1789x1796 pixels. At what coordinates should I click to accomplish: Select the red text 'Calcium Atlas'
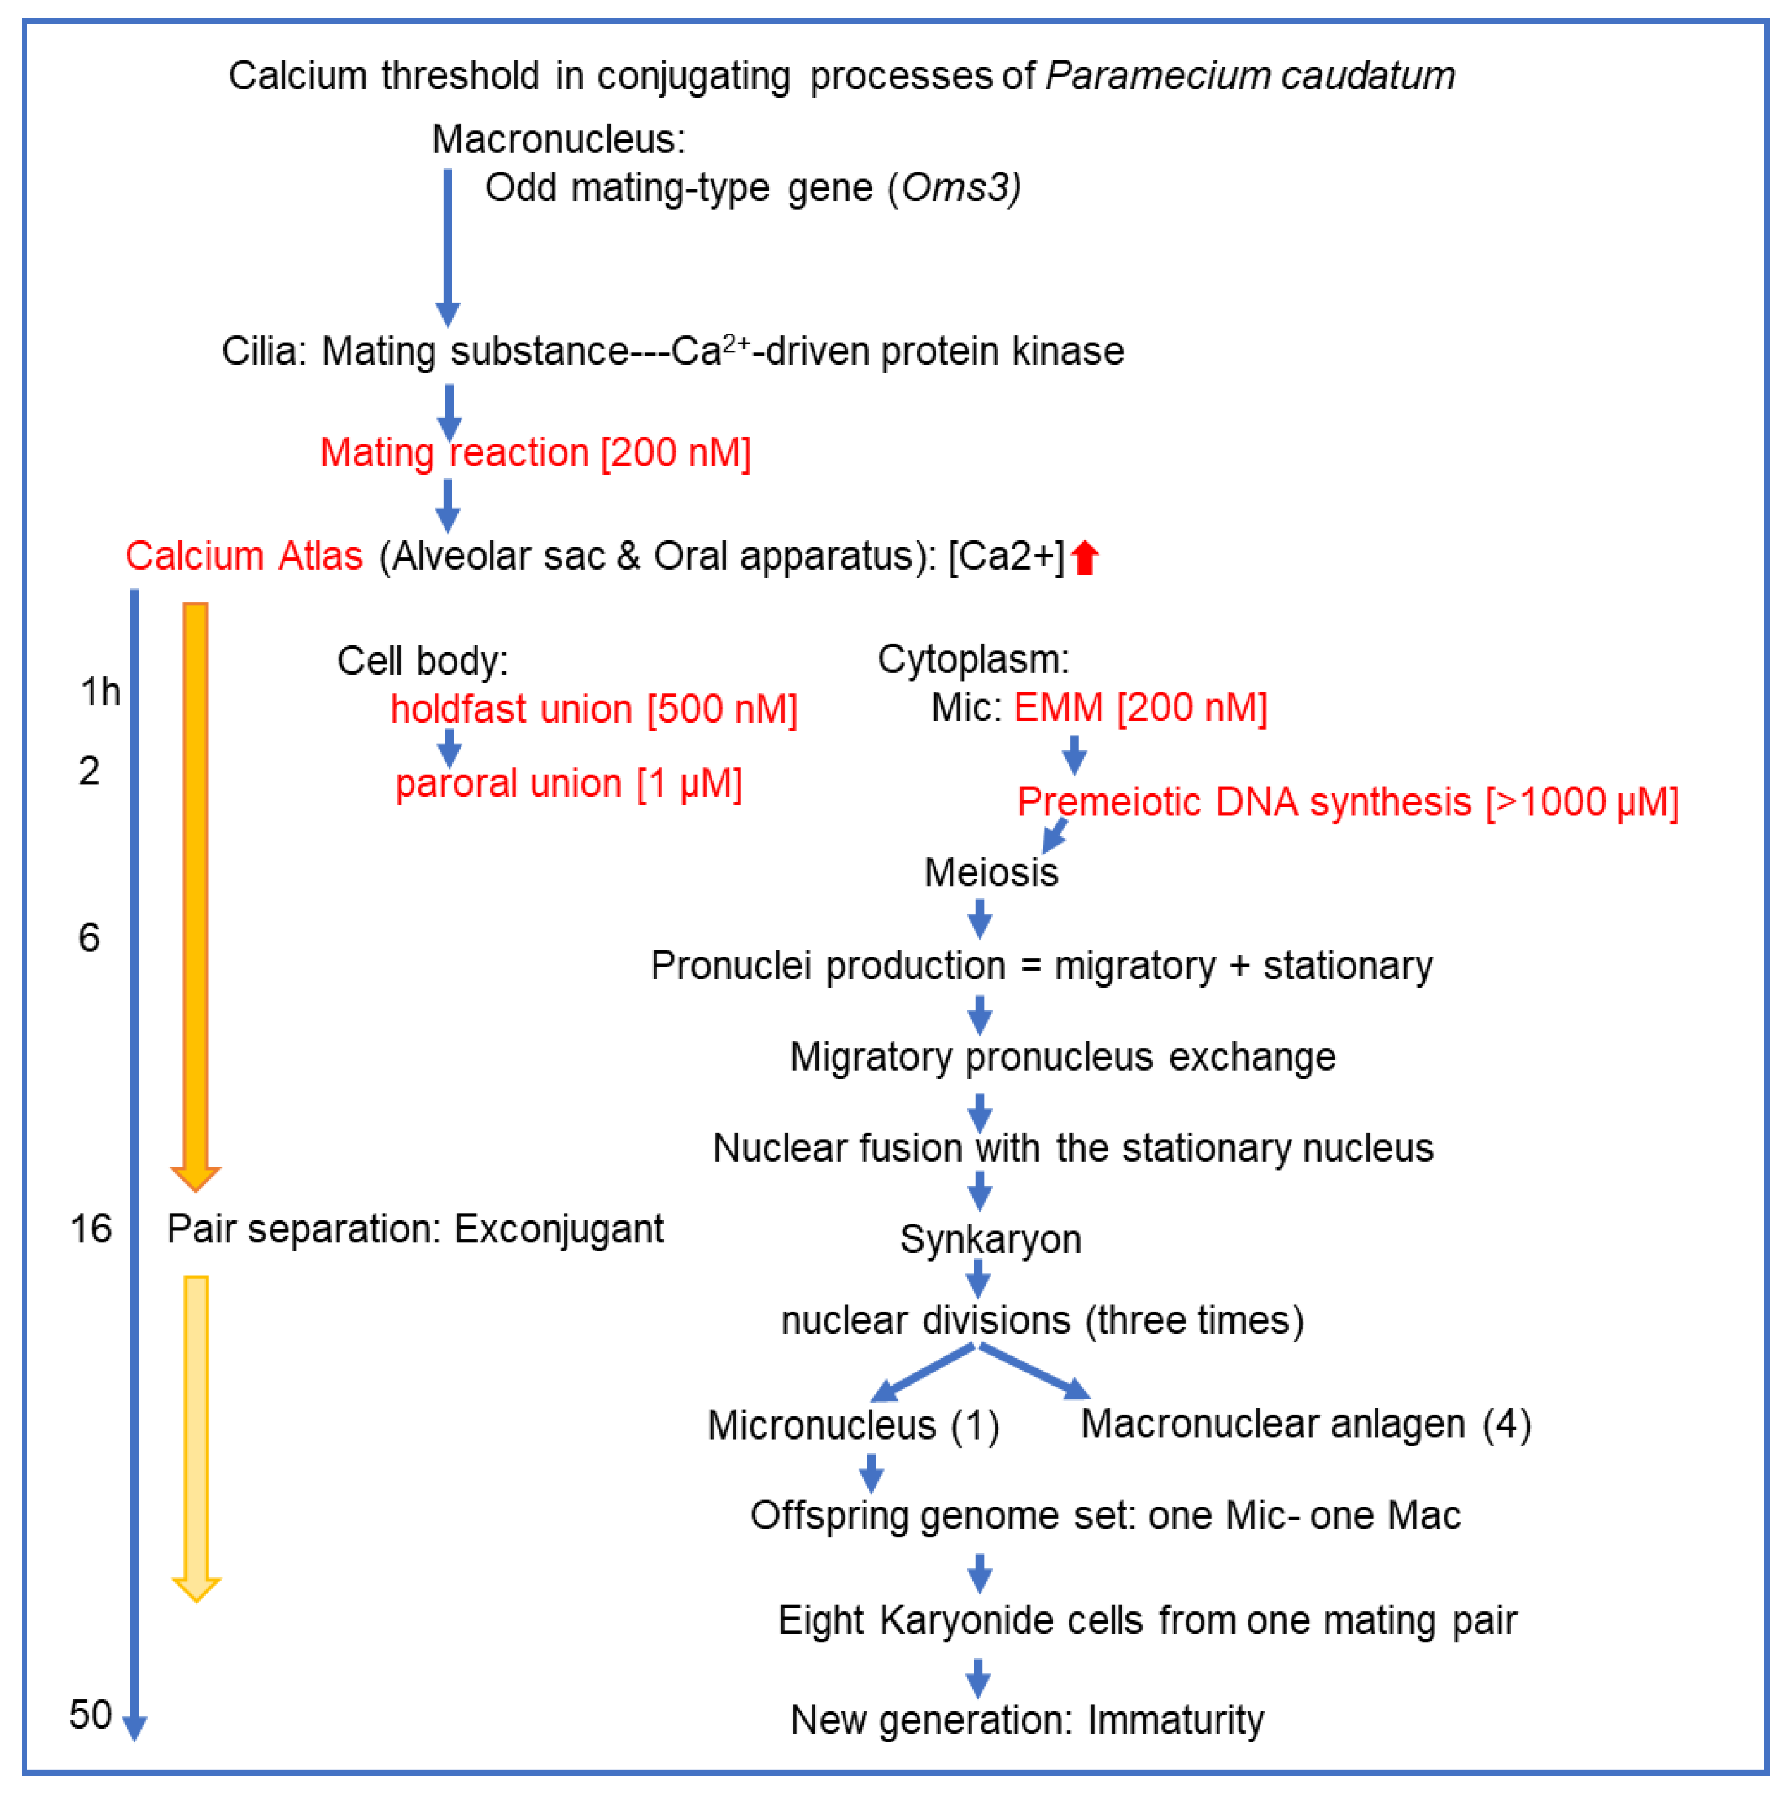pyautogui.click(x=244, y=556)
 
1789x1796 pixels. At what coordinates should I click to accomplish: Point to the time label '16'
pyautogui.click(x=91, y=1229)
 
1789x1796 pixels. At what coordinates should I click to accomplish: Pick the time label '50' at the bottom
pyautogui.click(x=90, y=1715)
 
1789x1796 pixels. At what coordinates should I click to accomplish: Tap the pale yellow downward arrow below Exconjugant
pyautogui.click(x=196, y=1431)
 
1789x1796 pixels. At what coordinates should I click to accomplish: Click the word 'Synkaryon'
pyautogui.click(x=990, y=1239)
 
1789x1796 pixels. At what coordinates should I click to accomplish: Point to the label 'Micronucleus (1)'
pyautogui.click(x=853, y=1426)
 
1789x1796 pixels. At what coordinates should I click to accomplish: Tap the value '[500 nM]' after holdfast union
pyautogui.click(x=722, y=709)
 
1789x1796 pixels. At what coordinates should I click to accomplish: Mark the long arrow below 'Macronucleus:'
pyautogui.click(x=448, y=246)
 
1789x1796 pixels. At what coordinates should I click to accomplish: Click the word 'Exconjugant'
pyautogui.click(x=559, y=1229)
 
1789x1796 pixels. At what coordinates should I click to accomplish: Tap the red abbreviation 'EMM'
pyautogui.click(x=1058, y=708)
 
